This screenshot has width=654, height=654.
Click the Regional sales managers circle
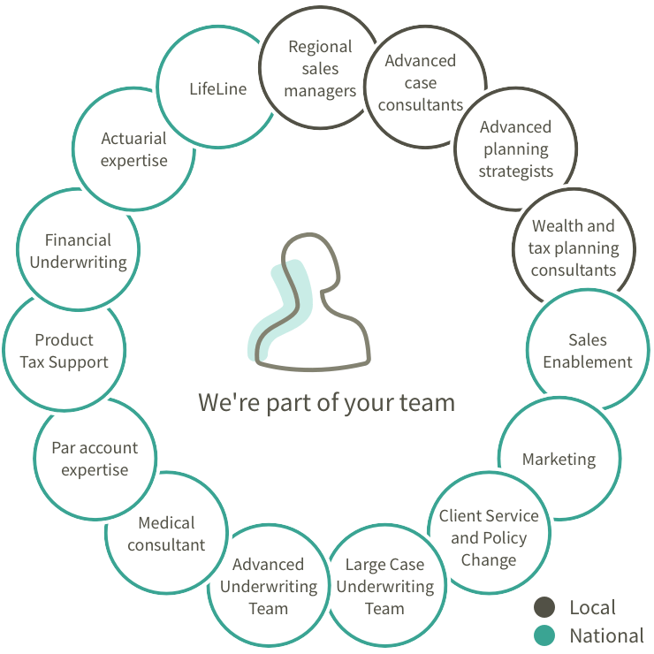click(x=319, y=68)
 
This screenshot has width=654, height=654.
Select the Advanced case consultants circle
click(x=421, y=83)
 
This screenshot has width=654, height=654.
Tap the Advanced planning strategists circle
click(x=515, y=149)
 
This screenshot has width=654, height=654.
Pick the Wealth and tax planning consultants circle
click(x=574, y=248)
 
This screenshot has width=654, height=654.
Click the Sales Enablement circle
click(x=588, y=351)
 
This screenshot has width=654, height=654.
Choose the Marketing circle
click(x=559, y=459)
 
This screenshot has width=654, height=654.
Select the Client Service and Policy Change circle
click(x=489, y=537)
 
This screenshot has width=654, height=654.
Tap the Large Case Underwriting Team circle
click(x=384, y=586)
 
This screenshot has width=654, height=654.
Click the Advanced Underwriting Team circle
click(x=268, y=586)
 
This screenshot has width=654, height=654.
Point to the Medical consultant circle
click(x=166, y=534)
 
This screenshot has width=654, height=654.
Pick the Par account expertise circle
click(x=95, y=459)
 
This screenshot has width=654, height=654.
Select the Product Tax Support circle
click(x=64, y=351)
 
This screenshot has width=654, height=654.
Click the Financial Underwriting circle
click(x=78, y=251)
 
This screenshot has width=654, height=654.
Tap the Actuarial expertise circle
click(x=133, y=149)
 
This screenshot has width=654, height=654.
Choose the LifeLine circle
click(x=217, y=88)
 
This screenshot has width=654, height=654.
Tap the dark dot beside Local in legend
click(x=544, y=608)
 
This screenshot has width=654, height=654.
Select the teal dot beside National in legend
click(x=544, y=635)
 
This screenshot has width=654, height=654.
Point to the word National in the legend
click(x=606, y=635)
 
